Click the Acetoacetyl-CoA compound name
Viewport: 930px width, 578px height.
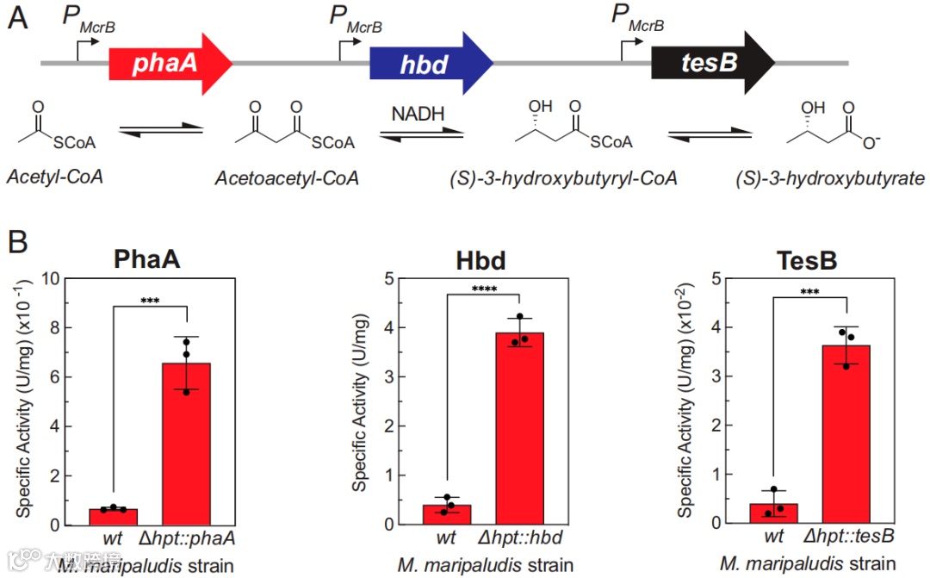[288, 177]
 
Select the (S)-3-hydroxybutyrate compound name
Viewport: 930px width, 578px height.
[831, 178]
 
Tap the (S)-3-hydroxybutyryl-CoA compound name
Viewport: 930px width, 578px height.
[562, 178]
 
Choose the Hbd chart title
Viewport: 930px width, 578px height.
[480, 261]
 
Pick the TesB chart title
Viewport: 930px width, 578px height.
[809, 261]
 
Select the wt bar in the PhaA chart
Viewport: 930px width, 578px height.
[113, 516]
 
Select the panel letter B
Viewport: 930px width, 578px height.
[18, 244]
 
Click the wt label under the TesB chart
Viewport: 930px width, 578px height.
[772, 538]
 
